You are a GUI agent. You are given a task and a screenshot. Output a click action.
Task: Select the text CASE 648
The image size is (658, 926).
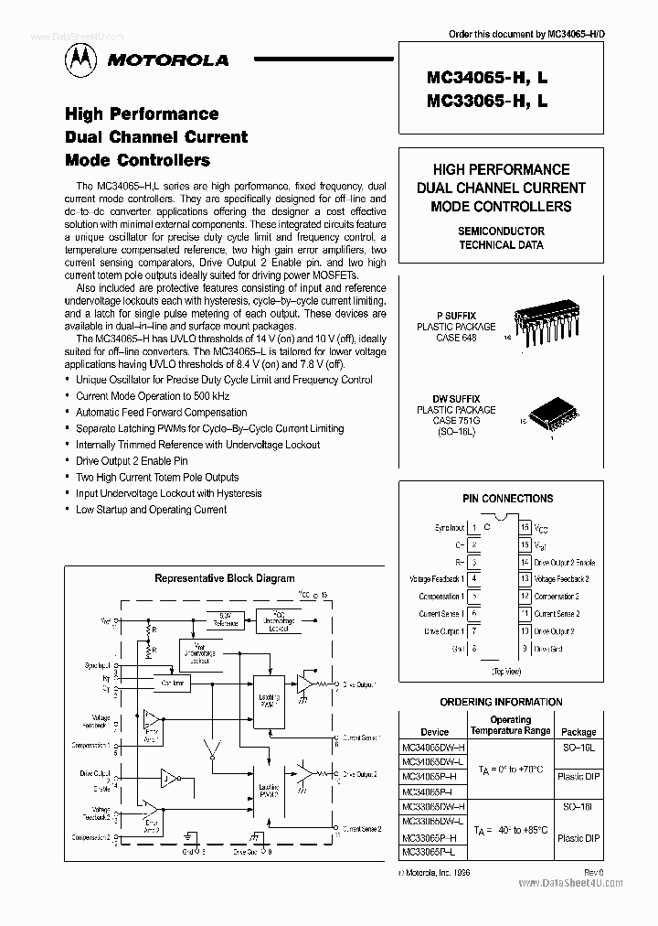[x=456, y=337]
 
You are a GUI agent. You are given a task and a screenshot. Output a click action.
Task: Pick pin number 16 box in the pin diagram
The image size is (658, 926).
[x=525, y=527]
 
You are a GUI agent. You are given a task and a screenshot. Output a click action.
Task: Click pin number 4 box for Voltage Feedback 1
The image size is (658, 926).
[x=473, y=579]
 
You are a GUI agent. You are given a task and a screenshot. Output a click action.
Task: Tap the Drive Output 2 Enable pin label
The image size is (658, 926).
[x=564, y=562]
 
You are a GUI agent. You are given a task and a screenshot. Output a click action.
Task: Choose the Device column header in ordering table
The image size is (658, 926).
[x=434, y=732]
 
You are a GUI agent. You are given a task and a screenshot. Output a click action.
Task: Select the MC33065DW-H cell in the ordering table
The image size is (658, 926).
[x=433, y=804]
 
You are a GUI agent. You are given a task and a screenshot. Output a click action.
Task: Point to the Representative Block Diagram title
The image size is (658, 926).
[x=224, y=578]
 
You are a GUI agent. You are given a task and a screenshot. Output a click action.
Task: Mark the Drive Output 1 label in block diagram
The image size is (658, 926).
[x=358, y=684]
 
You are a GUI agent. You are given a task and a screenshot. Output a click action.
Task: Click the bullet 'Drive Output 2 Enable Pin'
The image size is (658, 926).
[x=132, y=461]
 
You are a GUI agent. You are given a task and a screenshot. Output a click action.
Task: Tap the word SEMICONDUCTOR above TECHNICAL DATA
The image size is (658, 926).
[x=501, y=231]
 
